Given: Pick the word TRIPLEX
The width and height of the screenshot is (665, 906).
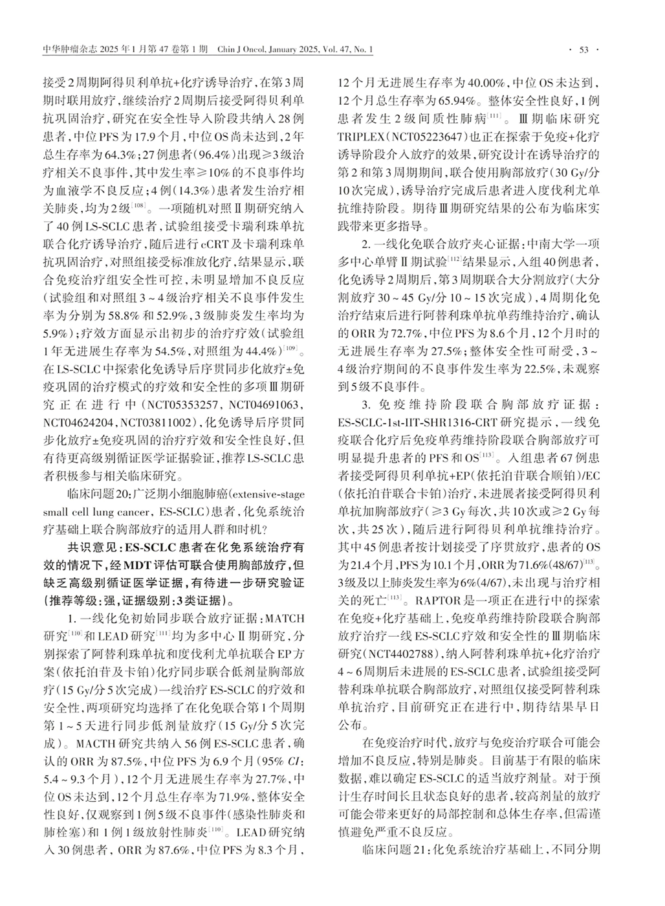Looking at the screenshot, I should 359,138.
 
